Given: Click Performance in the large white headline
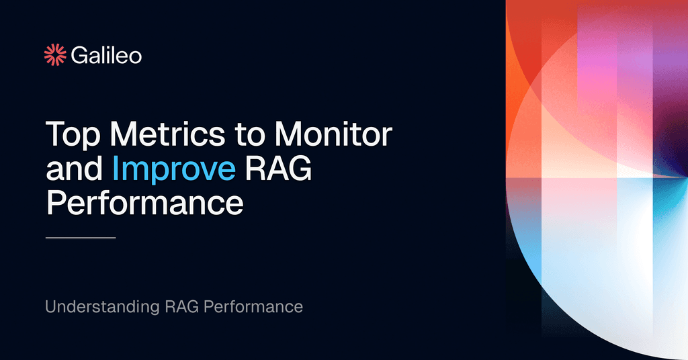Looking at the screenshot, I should [144, 204].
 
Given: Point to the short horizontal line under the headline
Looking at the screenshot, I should [81, 237].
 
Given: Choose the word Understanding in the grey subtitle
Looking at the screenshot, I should [101, 308].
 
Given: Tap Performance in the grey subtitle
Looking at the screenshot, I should [253, 308].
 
